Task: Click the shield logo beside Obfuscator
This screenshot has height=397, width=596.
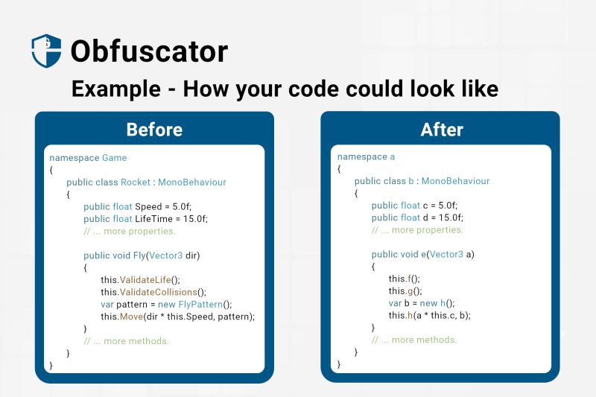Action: [x=46, y=51]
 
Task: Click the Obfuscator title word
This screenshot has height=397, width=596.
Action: [x=149, y=51]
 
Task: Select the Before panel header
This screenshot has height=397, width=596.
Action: [x=154, y=130]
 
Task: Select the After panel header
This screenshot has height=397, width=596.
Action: [x=442, y=130]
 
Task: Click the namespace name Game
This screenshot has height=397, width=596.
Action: [x=115, y=158]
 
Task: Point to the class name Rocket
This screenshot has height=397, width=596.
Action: [x=136, y=182]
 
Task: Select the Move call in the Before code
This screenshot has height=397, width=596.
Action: [x=133, y=317]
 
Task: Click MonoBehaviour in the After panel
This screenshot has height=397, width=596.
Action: [x=455, y=181]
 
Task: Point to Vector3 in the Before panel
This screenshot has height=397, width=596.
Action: [x=165, y=255]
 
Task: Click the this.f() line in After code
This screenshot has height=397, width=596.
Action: [x=405, y=279]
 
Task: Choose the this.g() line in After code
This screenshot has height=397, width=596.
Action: [x=405, y=291]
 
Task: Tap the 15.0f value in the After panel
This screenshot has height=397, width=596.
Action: [x=448, y=217]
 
